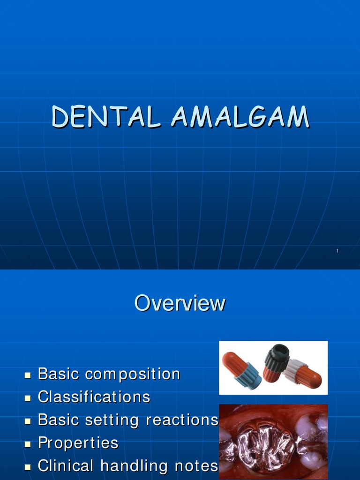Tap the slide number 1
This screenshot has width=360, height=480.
(x=337, y=252)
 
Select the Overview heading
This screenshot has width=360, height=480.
(x=180, y=303)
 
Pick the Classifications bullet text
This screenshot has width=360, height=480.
(x=94, y=397)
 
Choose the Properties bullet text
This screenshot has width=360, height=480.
(x=78, y=443)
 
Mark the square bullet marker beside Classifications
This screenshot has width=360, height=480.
(x=28, y=398)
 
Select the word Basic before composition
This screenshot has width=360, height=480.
(x=58, y=374)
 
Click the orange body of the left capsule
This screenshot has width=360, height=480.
(x=232, y=363)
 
